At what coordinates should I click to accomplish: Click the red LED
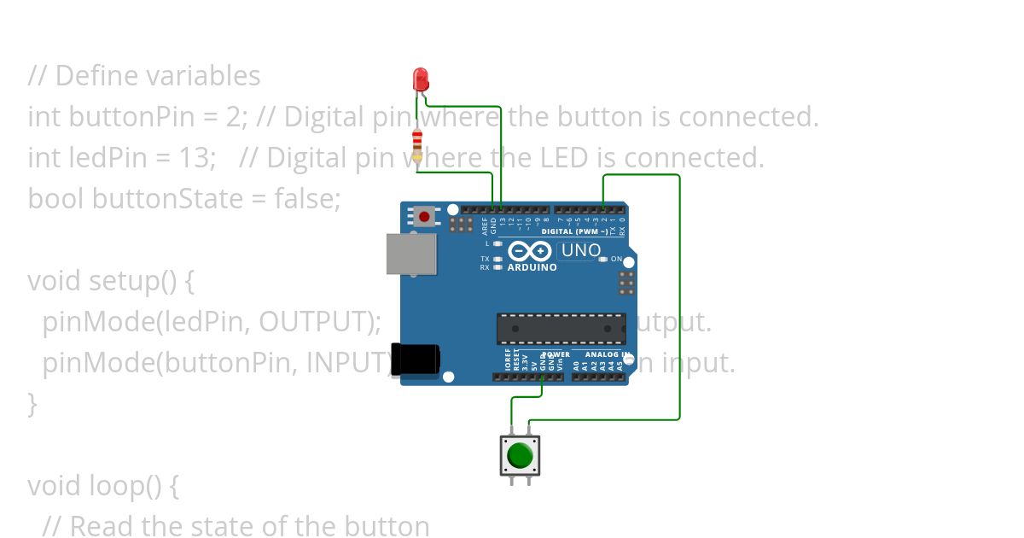coord(420,80)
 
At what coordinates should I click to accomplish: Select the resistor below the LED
coord(416,145)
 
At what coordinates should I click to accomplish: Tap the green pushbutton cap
coord(519,456)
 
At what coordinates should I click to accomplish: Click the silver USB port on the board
coord(411,254)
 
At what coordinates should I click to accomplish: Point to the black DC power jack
coord(416,359)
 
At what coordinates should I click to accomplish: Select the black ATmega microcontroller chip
coord(561,328)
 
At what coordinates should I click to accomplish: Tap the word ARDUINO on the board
coord(532,267)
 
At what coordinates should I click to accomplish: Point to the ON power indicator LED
coord(603,259)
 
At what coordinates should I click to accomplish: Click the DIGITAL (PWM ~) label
coord(575,231)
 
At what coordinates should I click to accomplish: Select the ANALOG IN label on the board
coord(608,354)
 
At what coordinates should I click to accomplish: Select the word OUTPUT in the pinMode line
coord(315,322)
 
